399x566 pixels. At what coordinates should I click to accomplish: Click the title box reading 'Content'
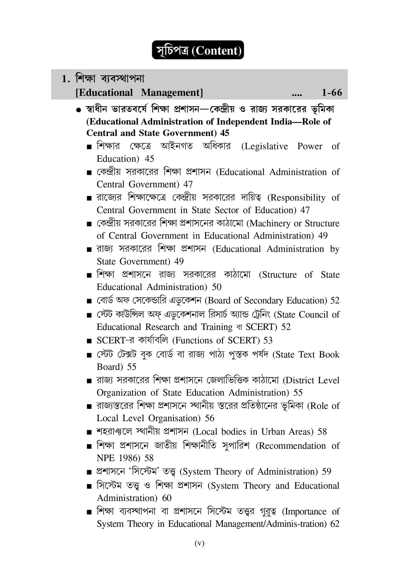[x=198, y=50]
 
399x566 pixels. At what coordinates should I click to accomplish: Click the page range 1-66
[x=332, y=93]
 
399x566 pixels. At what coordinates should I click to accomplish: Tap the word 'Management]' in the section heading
[x=172, y=93]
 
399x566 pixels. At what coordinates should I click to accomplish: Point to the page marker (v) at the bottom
[x=199, y=543]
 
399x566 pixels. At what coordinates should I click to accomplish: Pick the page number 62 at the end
[x=335, y=524]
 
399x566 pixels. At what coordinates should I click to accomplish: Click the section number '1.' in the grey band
[x=66, y=79]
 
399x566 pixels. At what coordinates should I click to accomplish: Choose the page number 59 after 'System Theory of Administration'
[x=326, y=472]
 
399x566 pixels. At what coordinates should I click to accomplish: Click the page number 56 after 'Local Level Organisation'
[x=209, y=418]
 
